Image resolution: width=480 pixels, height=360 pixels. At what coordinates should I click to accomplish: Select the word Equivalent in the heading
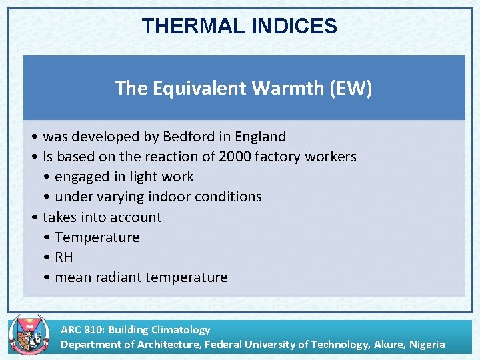193,88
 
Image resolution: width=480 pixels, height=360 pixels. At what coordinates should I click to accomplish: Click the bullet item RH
64,257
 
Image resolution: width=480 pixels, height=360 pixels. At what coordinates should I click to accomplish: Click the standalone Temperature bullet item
97,237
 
